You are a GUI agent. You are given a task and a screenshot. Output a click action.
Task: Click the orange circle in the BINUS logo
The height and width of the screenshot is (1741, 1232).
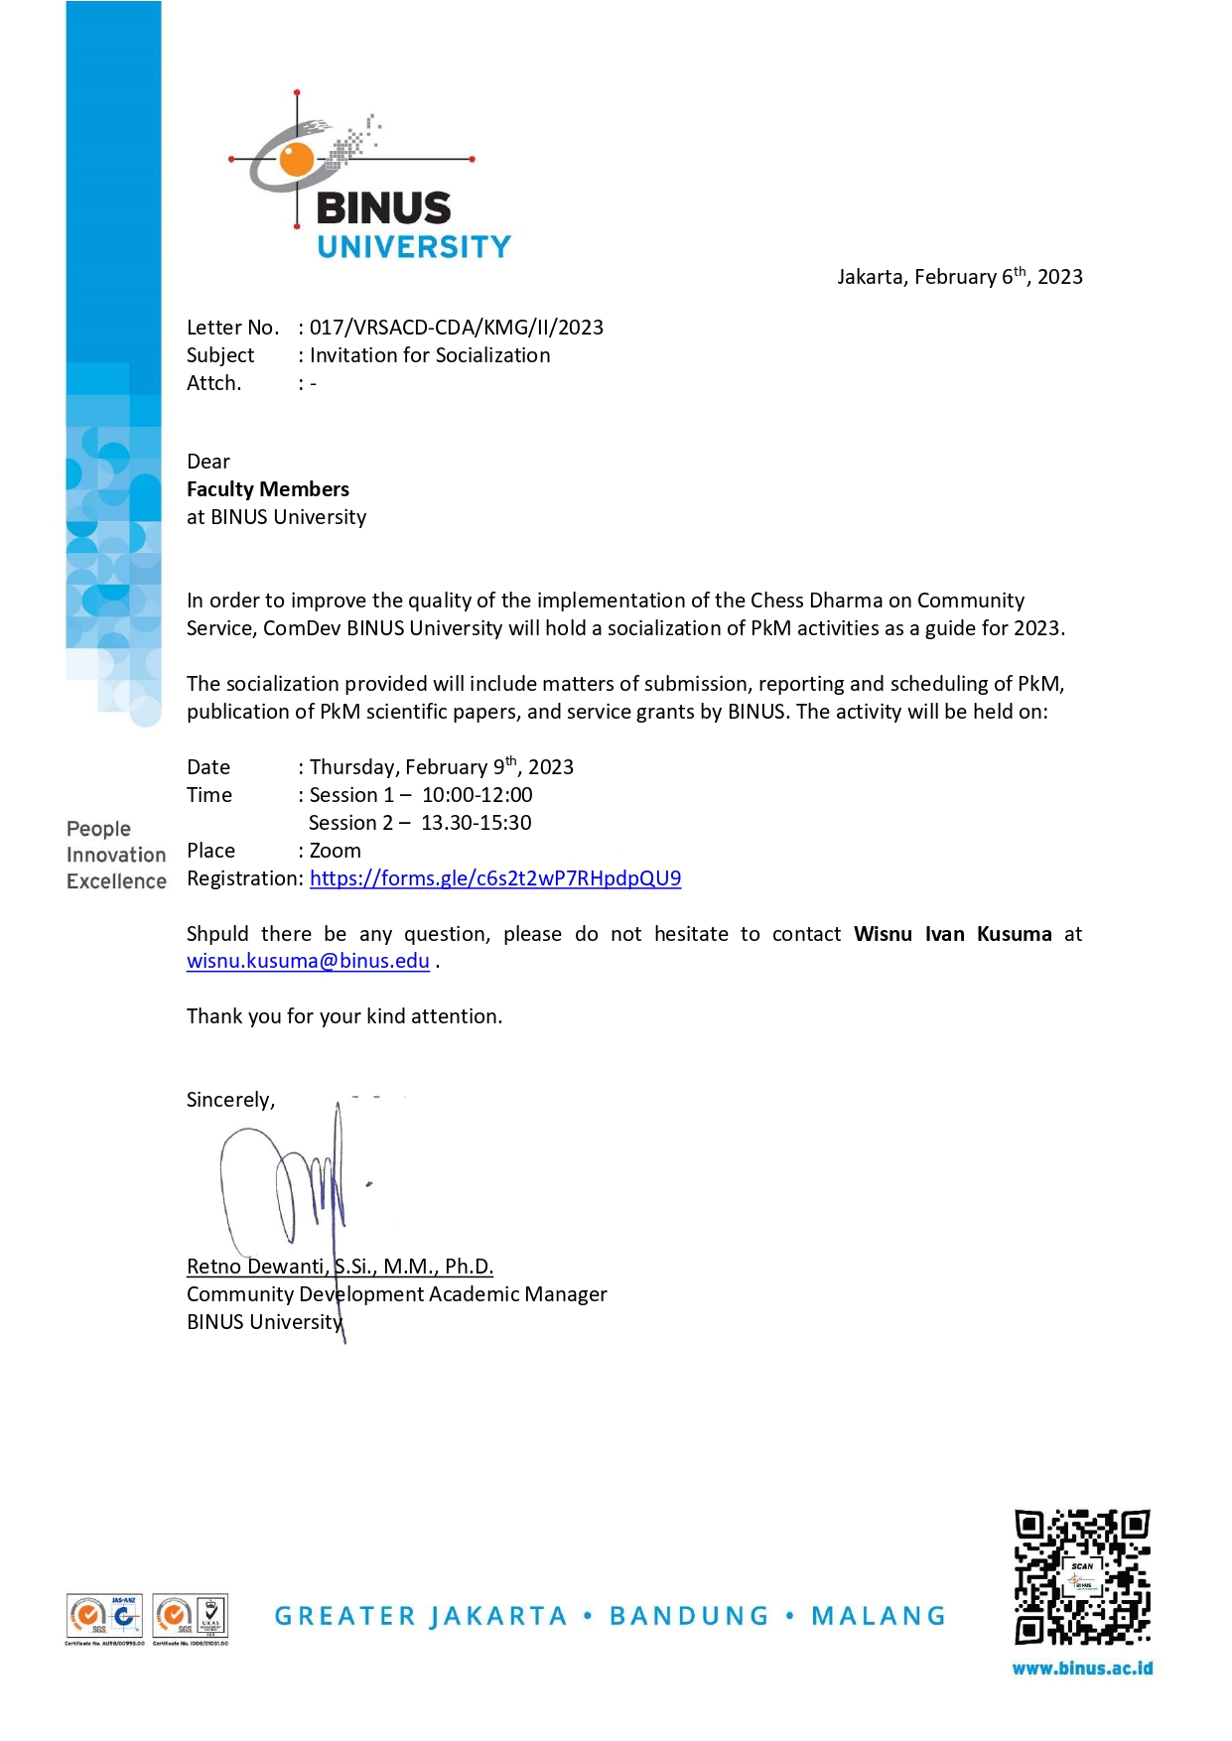[x=296, y=159]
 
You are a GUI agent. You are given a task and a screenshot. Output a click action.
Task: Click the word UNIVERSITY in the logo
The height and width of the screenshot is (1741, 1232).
[x=414, y=247]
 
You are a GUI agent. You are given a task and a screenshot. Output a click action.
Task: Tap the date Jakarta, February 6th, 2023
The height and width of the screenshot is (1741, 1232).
[x=959, y=277]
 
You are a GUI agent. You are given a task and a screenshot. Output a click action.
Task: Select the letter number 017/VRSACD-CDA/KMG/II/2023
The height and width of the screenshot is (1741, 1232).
[x=457, y=328]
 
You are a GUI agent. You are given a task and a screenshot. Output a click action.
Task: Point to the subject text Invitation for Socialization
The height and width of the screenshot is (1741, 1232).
[x=430, y=355]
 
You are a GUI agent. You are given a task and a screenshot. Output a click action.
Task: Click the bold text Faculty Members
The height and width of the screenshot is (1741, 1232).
[x=268, y=489]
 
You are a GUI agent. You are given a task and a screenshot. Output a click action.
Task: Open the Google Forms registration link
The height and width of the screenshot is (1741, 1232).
[x=495, y=878]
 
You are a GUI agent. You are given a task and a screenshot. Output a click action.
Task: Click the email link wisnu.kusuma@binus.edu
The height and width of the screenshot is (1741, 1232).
[x=308, y=961]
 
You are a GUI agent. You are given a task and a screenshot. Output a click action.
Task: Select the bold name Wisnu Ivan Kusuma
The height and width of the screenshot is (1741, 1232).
[x=952, y=934]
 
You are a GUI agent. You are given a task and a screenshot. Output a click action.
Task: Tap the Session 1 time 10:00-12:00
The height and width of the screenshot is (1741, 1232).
[x=478, y=795]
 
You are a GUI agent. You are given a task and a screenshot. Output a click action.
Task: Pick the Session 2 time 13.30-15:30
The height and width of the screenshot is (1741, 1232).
[x=477, y=823]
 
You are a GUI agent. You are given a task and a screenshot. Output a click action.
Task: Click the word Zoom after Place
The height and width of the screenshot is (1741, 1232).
[x=336, y=851]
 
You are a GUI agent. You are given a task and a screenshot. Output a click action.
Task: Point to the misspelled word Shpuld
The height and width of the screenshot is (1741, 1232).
[x=217, y=934]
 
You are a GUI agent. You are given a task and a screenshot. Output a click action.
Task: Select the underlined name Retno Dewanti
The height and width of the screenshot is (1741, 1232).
[x=255, y=1267]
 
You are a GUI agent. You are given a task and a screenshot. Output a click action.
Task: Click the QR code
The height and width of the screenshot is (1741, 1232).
[x=1081, y=1577]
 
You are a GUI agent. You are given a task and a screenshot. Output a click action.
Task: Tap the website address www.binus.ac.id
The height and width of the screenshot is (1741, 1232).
[x=1082, y=1669]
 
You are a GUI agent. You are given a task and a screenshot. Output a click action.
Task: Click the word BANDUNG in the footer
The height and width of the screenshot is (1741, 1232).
[x=689, y=1616]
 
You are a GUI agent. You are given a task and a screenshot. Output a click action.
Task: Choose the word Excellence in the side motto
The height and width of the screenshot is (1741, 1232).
[x=116, y=881]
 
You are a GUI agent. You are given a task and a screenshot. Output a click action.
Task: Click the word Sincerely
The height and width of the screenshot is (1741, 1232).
[x=229, y=1100]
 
